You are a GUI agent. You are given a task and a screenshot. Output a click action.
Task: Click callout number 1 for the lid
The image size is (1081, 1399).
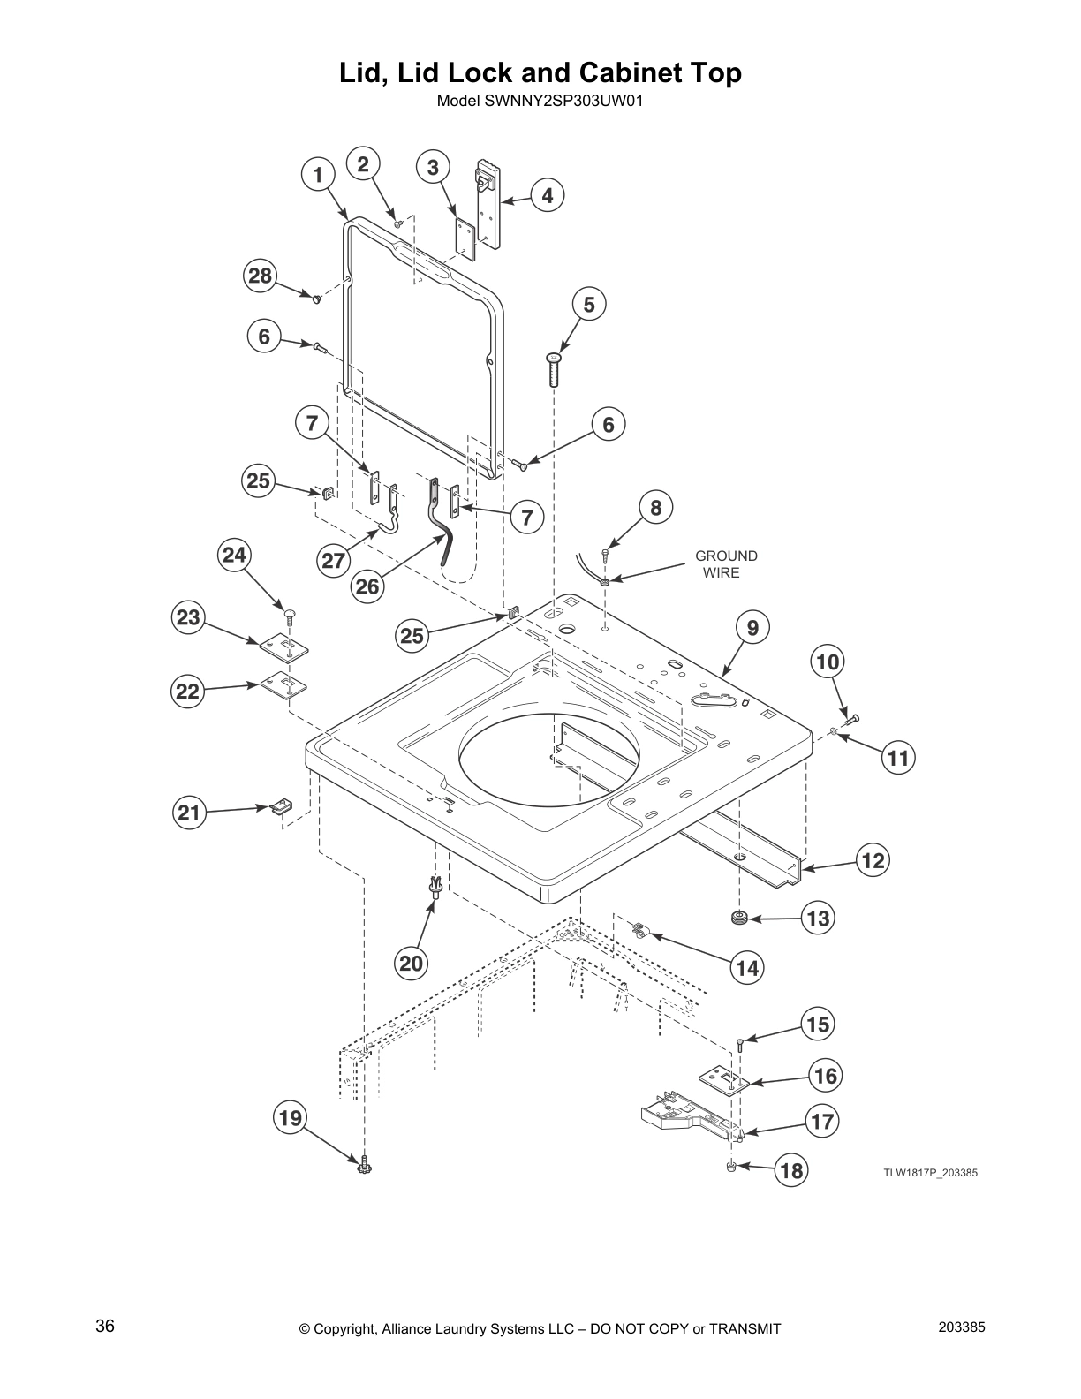click(x=318, y=174)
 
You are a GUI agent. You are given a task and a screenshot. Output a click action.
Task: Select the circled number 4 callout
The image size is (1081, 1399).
click(x=548, y=195)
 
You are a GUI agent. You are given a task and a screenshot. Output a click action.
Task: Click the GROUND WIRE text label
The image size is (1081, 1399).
click(x=725, y=563)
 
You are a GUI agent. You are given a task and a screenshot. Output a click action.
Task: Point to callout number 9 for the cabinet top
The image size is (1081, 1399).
click(x=752, y=628)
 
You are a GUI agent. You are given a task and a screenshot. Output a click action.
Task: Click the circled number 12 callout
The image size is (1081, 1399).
click(x=873, y=860)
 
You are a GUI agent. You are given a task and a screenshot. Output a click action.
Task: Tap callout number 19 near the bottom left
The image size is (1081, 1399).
click(x=291, y=1119)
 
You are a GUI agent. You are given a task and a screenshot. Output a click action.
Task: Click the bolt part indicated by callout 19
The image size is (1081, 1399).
click(x=363, y=1165)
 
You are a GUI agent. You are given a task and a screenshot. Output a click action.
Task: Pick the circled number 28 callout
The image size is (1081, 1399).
click(x=260, y=276)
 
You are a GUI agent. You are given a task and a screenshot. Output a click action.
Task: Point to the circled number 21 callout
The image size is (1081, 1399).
click(x=189, y=812)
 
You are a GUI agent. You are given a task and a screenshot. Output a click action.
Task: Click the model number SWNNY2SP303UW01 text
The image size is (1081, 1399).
click(x=540, y=101)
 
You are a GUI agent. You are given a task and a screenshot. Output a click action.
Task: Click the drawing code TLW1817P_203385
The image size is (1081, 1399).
click(x=931, y=1173)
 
